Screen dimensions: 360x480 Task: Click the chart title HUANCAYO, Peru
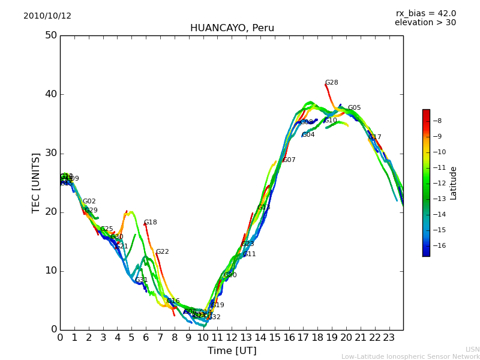tap(232, 28)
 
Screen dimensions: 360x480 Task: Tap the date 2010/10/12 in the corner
tap(47, 16)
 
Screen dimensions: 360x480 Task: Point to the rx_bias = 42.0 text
tap(426, 13)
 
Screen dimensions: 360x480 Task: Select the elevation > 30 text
tap(425, 23)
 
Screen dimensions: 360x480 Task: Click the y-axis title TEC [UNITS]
tap(36, 182)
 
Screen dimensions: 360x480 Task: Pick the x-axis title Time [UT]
tap(232, 351)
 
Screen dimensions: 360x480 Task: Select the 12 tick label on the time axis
tap(232, 338)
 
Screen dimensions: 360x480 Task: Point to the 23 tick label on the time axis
tap(389, 338)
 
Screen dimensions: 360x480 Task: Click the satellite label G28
tap(332, 83)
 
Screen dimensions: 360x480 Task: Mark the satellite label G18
tap(151, 223)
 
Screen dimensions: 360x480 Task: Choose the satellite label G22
tap(163, 252)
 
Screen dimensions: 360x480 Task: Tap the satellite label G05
tap(355, 108)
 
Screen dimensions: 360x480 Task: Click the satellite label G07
tap(289, 160)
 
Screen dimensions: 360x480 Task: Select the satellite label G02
tap(89, 202)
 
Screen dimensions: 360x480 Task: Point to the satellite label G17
tap(375, 137)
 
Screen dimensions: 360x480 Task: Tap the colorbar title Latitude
tap(454, 183)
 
